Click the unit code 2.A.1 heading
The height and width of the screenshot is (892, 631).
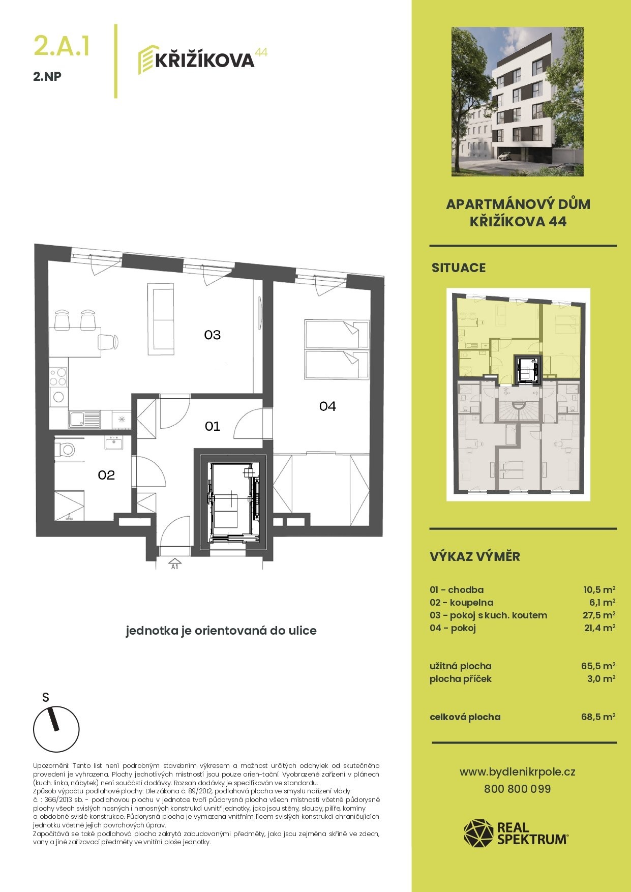point(62,45)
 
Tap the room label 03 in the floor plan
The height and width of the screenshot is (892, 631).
point(213,335)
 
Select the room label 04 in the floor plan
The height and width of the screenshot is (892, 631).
point(327,406)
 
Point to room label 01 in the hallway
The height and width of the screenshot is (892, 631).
point(213,426)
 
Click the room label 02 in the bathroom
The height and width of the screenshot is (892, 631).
point(106,474)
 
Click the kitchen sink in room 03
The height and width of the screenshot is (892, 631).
point(85,419)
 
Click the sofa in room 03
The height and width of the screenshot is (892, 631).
point(161,319)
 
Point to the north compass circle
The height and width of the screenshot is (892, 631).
point(56,729)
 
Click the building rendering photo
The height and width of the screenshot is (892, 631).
point(517,102)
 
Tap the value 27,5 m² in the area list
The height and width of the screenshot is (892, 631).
point(599,615)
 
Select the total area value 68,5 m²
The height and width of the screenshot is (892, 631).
point(598,717)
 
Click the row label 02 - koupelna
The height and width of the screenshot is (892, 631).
point(461,602)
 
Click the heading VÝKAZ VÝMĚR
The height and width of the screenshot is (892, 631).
point(475,556)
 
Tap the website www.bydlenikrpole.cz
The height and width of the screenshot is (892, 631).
point(518,771)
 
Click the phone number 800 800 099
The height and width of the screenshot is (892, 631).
point(518,789)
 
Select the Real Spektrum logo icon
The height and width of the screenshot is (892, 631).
point(478,833)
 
